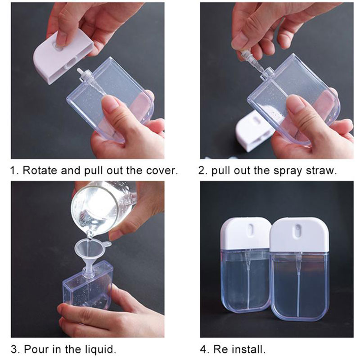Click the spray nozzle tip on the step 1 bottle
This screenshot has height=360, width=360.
tap(79, 70)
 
